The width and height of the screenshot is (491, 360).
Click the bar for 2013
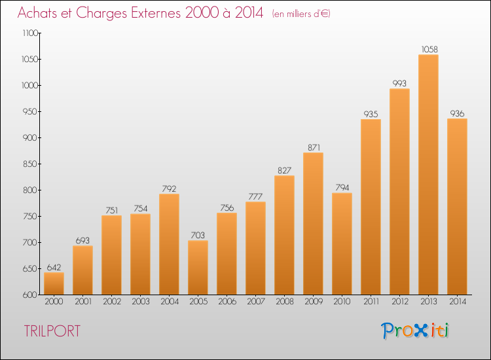point(428,174)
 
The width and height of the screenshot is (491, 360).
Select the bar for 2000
point(54,283)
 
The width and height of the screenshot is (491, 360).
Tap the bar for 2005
point(198,267)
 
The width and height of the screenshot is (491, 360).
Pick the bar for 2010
point(342,243)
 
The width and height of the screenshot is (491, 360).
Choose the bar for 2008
point(284,234)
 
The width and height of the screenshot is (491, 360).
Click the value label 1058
point(428,49)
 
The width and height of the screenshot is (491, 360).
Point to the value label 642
point(54,267)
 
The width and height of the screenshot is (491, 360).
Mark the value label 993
point(399,83)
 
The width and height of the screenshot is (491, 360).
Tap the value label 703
point(198,235)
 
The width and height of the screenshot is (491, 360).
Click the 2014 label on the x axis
point(457,301)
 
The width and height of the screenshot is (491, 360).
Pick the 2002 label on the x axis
point(111,301)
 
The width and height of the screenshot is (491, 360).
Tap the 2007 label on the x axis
point(255,301)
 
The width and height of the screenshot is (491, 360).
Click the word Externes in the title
point(150,12)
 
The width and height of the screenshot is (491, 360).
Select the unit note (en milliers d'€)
point(301,14)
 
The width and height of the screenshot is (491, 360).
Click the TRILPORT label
point(52,331)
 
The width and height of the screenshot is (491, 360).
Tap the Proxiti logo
point(416,331)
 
